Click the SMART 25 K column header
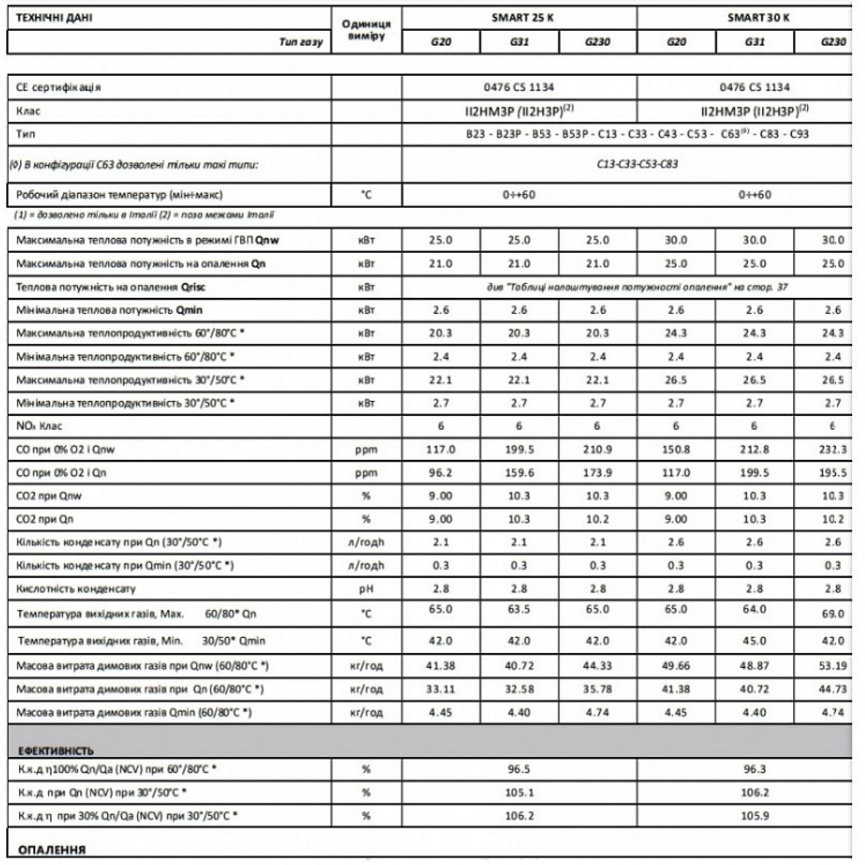pos(522,17)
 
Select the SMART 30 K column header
pos(758,17)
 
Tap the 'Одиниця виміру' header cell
pos(366,30)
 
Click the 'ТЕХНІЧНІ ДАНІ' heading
pos(54,17)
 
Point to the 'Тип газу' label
pos(300,42)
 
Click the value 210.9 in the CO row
pos(597,449)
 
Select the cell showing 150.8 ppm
pos(676,449)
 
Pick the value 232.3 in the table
pos(832,449)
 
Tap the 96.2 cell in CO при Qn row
pos(441,473)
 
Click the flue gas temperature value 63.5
pos(519,610)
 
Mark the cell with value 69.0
pos(833,614)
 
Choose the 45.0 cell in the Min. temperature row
pos(754,641)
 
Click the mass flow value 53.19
pos(832,666)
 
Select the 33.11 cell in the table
pos(441,689)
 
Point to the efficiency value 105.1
pos(519,792)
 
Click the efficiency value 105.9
pos(754,816)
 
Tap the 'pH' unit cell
pos(366,589)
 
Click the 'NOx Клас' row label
pos(39,426)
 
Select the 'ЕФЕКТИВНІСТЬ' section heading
pos(55,751)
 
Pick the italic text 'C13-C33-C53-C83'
pos(637,164)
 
